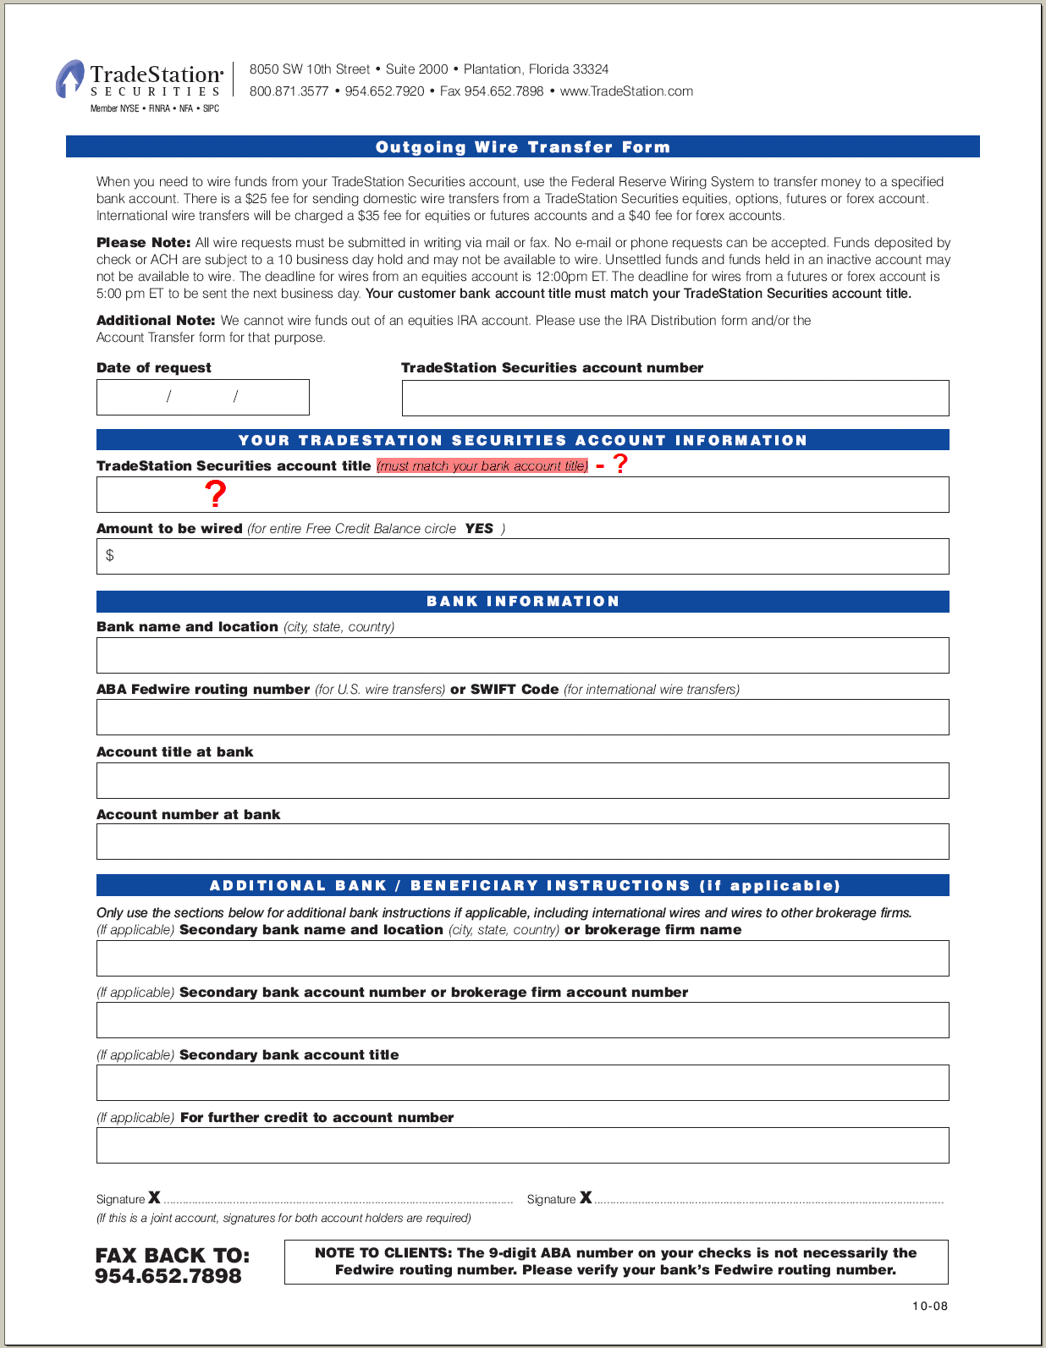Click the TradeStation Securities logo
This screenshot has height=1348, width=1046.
(140, 82)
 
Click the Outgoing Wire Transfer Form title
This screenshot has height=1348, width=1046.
(522, 147)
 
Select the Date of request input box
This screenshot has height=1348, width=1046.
(202, 397)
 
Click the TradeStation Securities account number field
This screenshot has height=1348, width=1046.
(674, 398)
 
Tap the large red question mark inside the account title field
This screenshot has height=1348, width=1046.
(216, 493)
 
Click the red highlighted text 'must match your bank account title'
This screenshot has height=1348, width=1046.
(482, 465)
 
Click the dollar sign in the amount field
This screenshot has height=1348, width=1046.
(109, 555)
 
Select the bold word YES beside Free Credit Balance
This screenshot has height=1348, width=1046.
(479, 528)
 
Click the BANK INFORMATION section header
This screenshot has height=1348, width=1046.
(522, 601)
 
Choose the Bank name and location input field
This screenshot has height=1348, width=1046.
(522, 655)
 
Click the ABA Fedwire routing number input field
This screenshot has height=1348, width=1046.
(522, 717)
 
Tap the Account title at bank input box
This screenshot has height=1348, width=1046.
(522, 780)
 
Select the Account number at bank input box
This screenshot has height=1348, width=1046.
(522, 842)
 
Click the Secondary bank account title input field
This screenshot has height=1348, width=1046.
(522, 1082)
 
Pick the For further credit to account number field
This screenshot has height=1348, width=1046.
(522, 1145)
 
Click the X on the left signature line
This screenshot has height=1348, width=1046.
(154, 1197)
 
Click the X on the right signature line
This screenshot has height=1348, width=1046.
(586, 1197)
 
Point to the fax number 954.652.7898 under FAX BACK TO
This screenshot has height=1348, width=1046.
(168, 1276)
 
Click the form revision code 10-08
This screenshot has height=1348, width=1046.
(929, 1306)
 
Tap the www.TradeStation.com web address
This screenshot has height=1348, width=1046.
(626, 91)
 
